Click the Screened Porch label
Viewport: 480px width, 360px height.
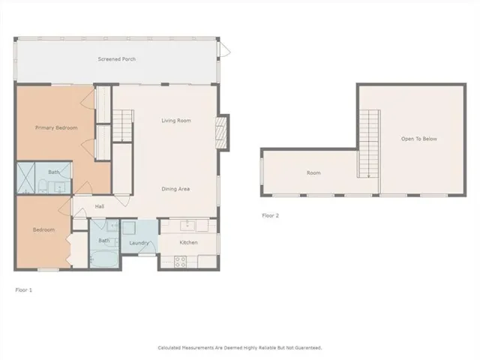click(x=117, y=59)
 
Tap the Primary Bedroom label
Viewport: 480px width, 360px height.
click(x=56, y=127)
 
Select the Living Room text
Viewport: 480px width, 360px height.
click(x=176, y=121)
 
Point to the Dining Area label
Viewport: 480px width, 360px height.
click(x=175, y=189)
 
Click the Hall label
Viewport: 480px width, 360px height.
click(x=100, y=207)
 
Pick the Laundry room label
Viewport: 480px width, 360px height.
click(x=139, y=243)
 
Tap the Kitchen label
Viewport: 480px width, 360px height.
click(x=188, y=242)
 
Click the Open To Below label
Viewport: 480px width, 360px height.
click(x=418, y=139)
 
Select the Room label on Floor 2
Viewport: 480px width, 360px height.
click(x=313, y=173)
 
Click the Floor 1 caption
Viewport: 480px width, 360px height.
click(x=23, y=290)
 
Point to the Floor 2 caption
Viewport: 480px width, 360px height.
click(x=270, y=215)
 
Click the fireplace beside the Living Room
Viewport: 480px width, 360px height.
click(x=221, y=133)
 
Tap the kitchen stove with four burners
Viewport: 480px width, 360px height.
click(x=180, y=262)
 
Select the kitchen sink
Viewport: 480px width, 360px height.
click(x=187, y=225)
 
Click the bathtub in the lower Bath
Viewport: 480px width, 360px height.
click(x=104, y=259)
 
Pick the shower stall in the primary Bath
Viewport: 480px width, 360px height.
click(x=25, y=178)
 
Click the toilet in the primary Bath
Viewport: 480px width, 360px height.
click(x=43, y=187)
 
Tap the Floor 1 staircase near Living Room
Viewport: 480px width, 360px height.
click(x=123, y=125)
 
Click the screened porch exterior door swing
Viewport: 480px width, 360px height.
click(x=224, y=49)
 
